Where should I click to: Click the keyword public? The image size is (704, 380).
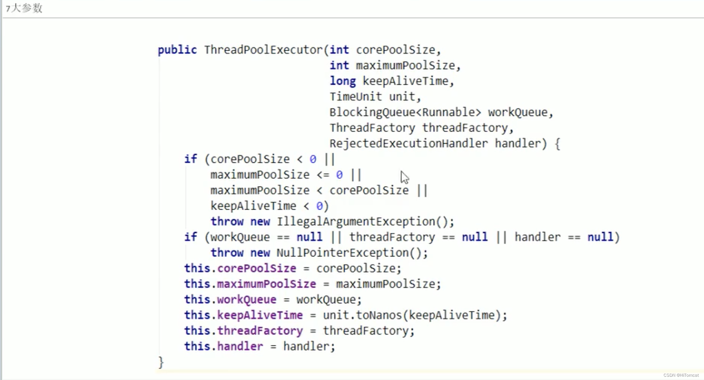177,50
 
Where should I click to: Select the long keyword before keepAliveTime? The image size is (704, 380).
343,81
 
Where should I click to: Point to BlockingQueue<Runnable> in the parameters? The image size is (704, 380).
405,112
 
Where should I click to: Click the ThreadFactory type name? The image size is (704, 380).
372,128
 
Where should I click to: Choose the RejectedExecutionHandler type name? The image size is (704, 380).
408,144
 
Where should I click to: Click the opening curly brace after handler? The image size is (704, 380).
557,144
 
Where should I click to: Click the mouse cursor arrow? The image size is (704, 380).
404,177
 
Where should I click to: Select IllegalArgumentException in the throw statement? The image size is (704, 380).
356,222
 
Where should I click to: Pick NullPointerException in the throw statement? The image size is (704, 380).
343,253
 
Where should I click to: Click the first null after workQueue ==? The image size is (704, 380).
309,237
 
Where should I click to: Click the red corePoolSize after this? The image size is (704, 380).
257,268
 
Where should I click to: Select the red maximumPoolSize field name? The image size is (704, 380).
266,284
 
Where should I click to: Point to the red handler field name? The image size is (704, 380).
240,346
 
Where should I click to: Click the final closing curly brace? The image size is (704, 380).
161,362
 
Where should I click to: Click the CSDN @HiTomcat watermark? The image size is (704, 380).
681,375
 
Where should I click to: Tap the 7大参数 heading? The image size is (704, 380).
24,8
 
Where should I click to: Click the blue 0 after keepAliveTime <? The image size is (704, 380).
319,206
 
